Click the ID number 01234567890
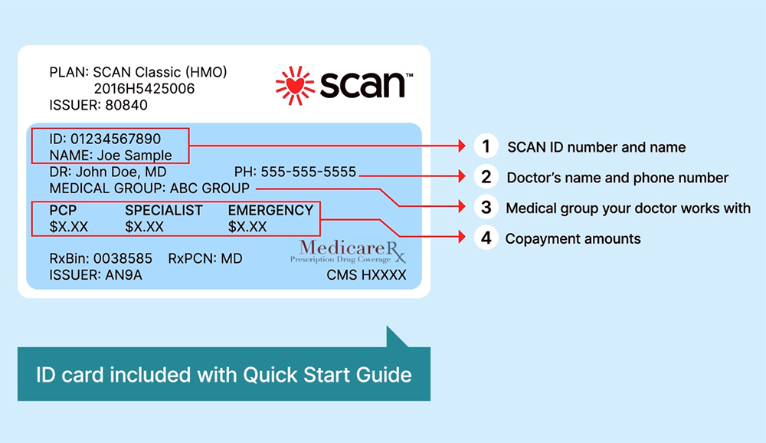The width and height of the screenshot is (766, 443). (116, 139)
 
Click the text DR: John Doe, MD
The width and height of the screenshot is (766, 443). (107, 172)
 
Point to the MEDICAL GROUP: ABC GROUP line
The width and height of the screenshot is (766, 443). (149, 188)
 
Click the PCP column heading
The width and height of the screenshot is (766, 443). (64, 210)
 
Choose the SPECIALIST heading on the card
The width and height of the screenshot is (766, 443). (164, 210)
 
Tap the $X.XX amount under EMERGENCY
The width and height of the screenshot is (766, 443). (247, 226)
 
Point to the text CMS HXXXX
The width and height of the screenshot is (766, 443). (366, 275)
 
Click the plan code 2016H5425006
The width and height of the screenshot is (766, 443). (144, 89)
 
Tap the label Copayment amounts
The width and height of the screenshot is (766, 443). (573, 238)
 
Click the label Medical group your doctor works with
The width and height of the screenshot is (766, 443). (628, 208)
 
